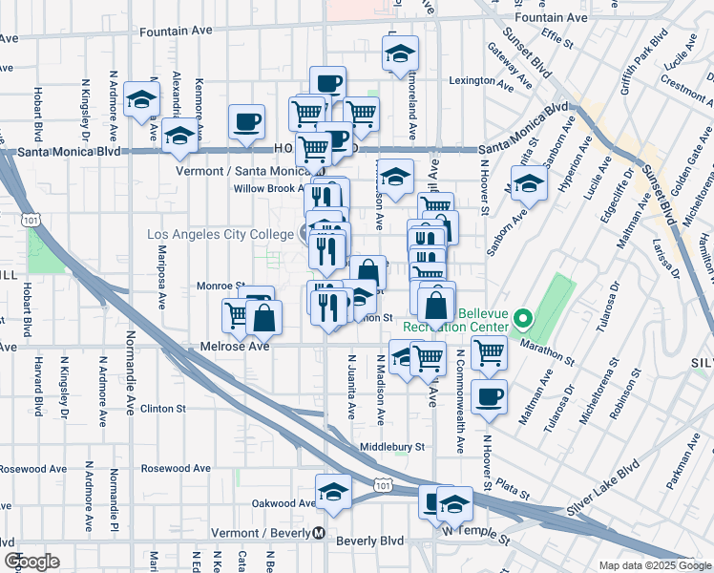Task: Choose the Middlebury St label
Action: click(x=391, y=446)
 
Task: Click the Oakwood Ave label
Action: click(x=283, y=503)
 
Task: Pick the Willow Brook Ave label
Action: click(x=268, y=188)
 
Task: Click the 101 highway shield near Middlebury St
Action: click(x=383, y=486)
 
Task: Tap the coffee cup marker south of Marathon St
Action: click(x=491, y=396)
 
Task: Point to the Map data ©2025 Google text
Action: click(x=654, y=565)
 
